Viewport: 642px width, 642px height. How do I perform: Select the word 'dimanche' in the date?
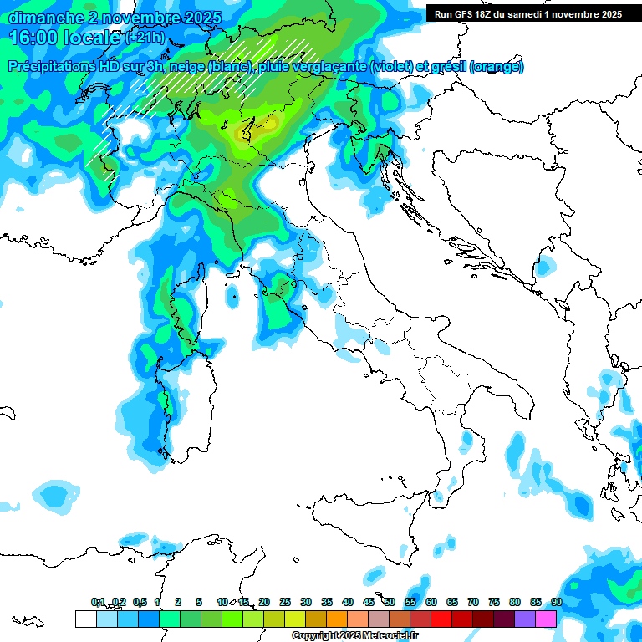[x=40, y=18]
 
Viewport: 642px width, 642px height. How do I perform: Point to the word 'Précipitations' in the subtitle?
[x=59, y=67]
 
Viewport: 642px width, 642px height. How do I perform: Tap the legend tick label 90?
[x=556, y=602]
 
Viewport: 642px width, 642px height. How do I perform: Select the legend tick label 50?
[x=390, y=602]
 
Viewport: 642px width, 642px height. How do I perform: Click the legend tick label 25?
[x=285, y=602]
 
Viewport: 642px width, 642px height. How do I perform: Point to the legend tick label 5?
[x=199, y=602]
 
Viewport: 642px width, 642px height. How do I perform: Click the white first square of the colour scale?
[x=85, y=619]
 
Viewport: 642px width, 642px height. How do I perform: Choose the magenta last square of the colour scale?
[x=545, y=619]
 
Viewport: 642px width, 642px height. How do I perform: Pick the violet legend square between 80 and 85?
[x=524, y=619]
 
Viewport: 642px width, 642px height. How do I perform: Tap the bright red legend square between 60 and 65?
[x=441, y=619]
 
